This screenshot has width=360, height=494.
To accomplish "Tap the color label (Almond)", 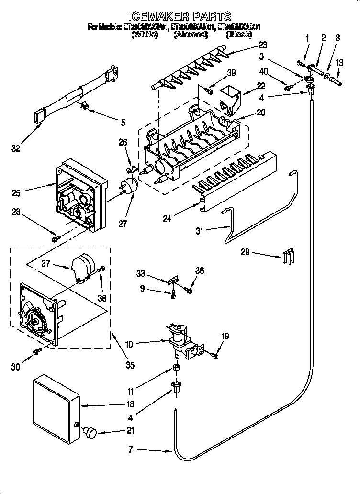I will pyautogui.click(x=190, y=34).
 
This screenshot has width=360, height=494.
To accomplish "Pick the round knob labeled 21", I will pyautogui.click(x=90, y=432).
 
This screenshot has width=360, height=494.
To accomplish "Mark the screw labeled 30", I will pyautogui.click(x=36, y=352).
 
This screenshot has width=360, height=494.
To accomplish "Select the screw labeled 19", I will pyautogui.click(x=214, y=355).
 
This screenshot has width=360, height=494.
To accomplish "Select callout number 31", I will pyautogui.click(x=200, y=231).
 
